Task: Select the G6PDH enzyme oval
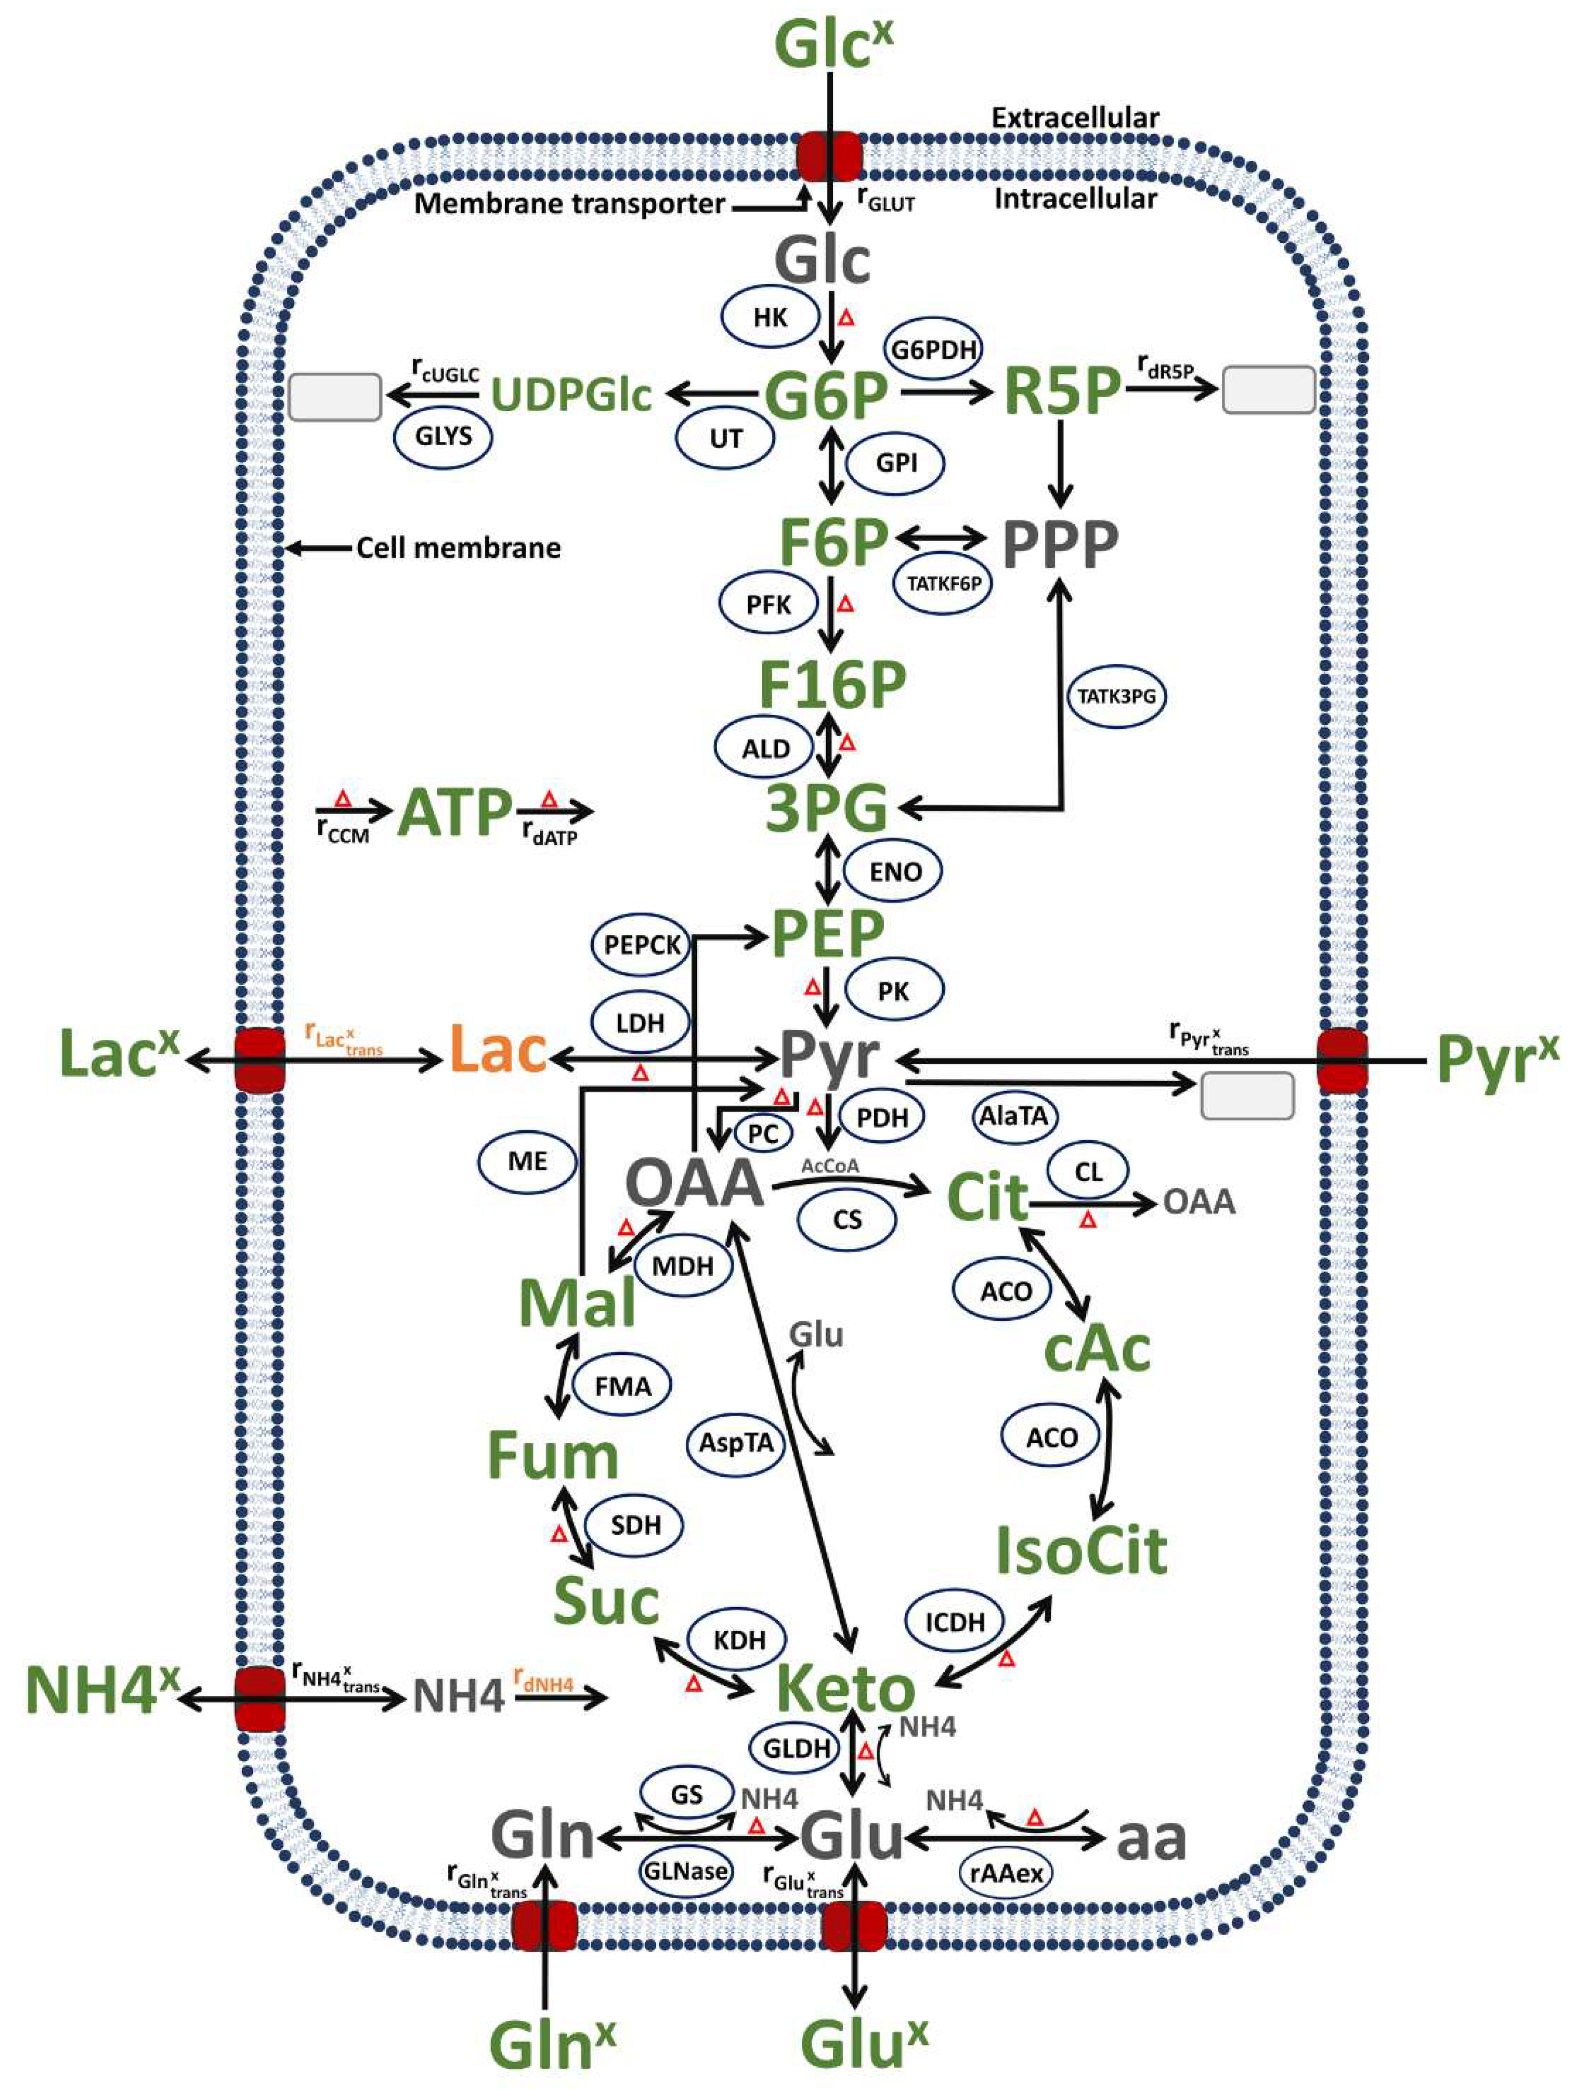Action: click(x=933, y=349)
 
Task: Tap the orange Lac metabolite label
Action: click(x=498, y=1050)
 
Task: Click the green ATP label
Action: click(x=455, y=812)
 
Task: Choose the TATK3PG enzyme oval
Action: click(x=1116, y=696)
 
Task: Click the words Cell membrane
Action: click(x=458, y=548)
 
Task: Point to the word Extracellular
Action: click(x=1075, y=118)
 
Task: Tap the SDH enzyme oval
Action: click(x=634, y=1524)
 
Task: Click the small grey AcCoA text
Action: click(x=830, y=1166)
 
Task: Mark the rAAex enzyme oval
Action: click(x=1006, y=1873)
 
